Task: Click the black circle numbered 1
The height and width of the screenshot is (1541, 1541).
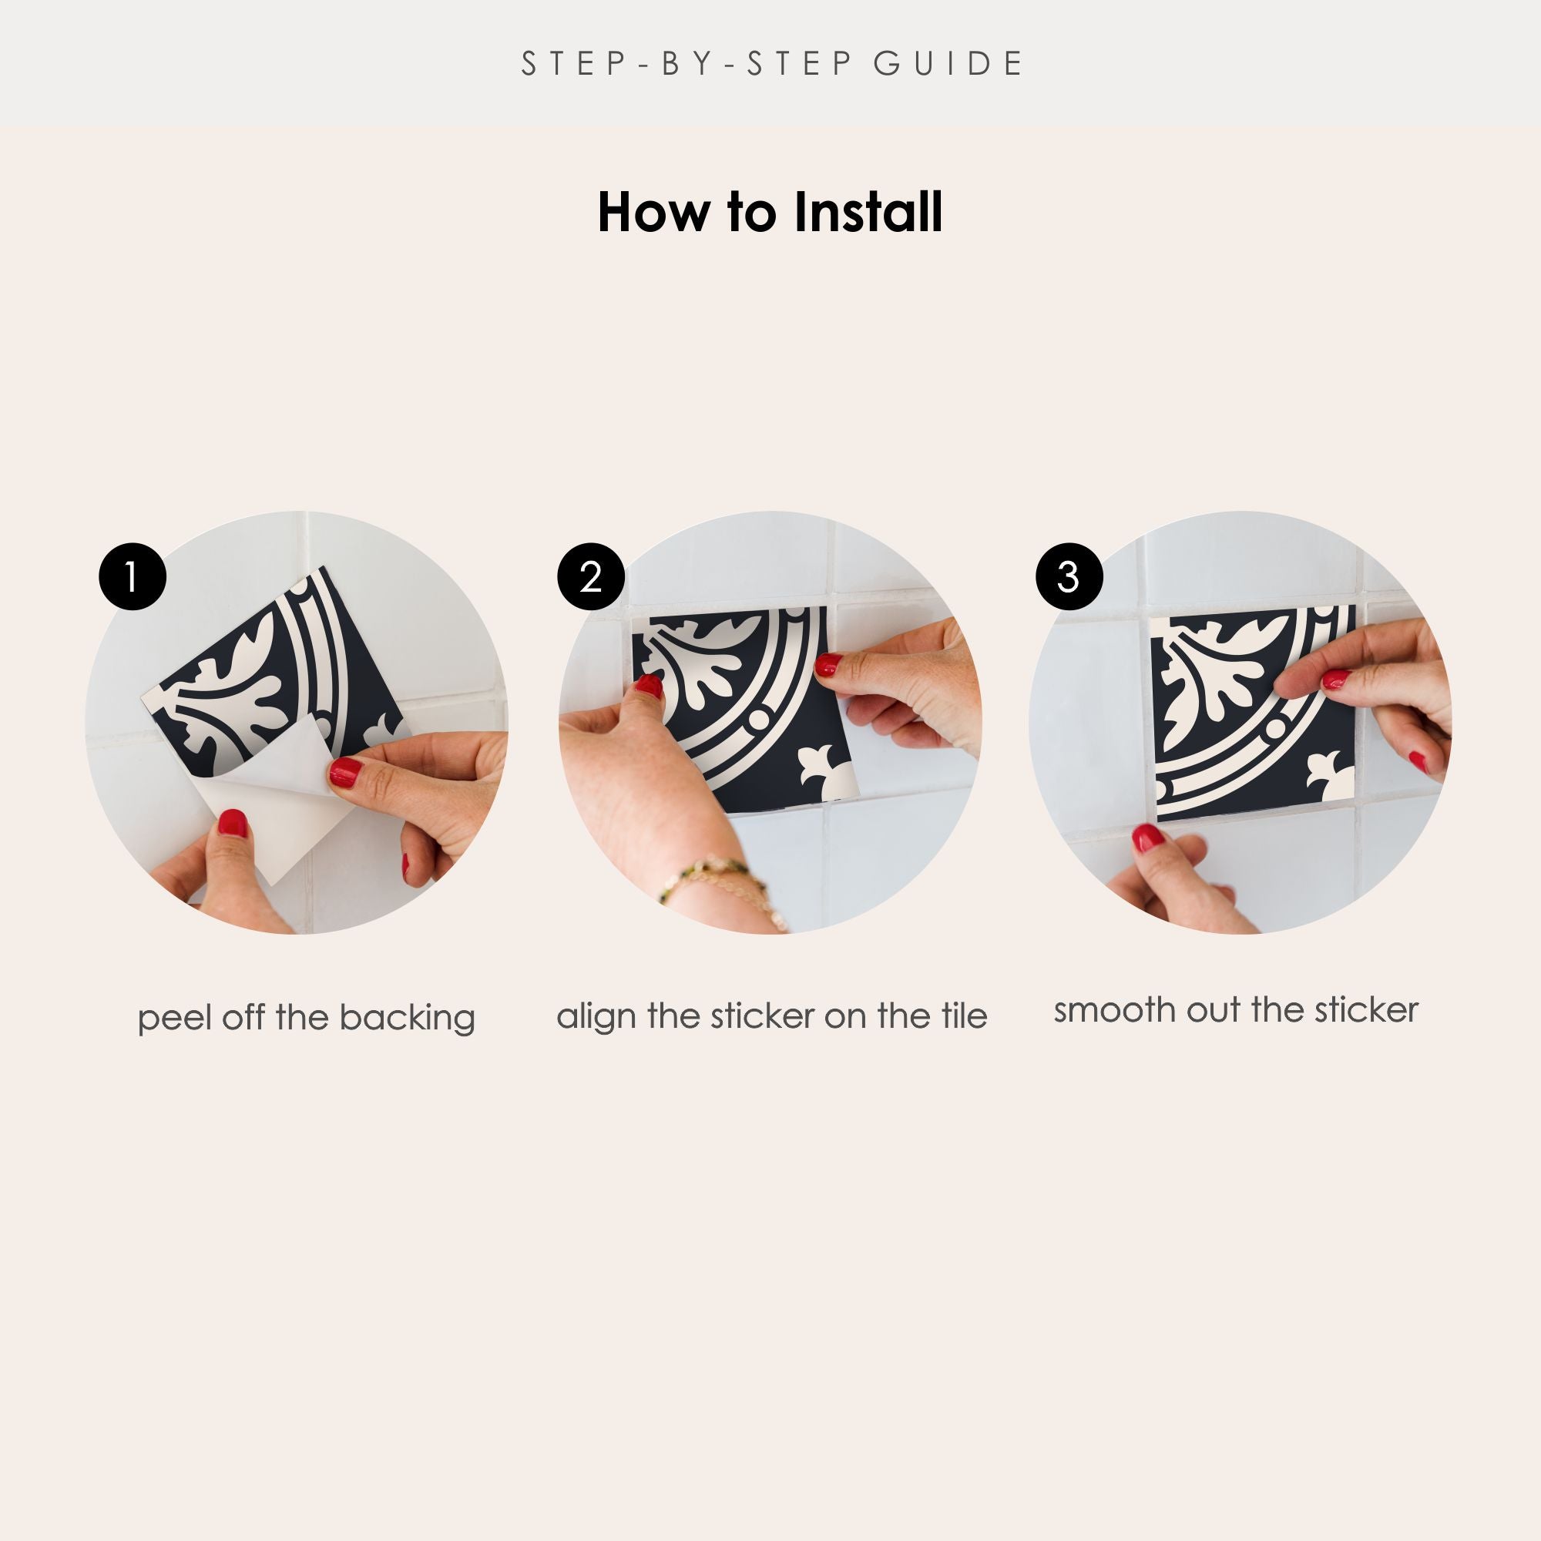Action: click(133, 576)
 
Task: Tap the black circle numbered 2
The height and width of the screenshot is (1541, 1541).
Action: click(591, 576)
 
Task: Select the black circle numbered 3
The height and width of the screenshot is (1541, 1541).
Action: click(1069, 576)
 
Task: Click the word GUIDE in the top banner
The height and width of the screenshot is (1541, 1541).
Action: click(948, 64)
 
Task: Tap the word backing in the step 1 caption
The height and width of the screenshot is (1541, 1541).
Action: click(407, 1019)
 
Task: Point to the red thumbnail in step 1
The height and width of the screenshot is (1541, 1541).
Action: click(233, 822)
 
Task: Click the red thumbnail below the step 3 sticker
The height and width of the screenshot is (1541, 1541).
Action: click(1148, 838)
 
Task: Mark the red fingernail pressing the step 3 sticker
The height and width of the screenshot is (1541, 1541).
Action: click(1335, 680)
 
